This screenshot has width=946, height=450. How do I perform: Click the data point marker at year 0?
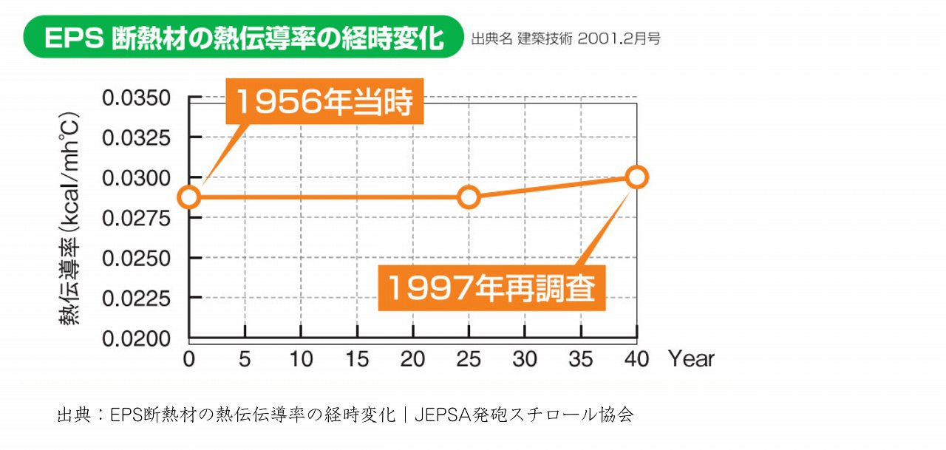point(189,197)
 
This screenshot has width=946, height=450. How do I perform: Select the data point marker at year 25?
point(469,197)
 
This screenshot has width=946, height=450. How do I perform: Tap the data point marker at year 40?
point(636,177)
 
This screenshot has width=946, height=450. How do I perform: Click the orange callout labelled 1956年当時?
point(324,101)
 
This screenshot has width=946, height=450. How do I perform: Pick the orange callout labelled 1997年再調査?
point(491,287)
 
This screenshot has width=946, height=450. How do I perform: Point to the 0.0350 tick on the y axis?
point(136,98)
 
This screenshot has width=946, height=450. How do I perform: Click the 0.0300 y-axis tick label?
point(136,178)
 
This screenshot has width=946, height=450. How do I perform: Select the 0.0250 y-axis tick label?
point(136,259)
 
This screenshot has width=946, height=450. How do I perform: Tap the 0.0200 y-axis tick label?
point(136,339)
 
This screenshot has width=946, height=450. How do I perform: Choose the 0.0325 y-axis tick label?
point(136,138)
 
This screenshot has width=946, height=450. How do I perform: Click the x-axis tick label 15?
point(357,360)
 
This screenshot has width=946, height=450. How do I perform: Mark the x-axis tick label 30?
point(525,360)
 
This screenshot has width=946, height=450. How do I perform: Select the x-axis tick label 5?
point(245,360)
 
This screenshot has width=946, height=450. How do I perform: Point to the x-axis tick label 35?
point(581,360)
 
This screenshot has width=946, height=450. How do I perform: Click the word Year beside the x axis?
point(692,360)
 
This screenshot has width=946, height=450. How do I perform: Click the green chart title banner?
point(244,38)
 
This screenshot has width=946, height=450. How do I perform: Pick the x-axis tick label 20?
point(412,360)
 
